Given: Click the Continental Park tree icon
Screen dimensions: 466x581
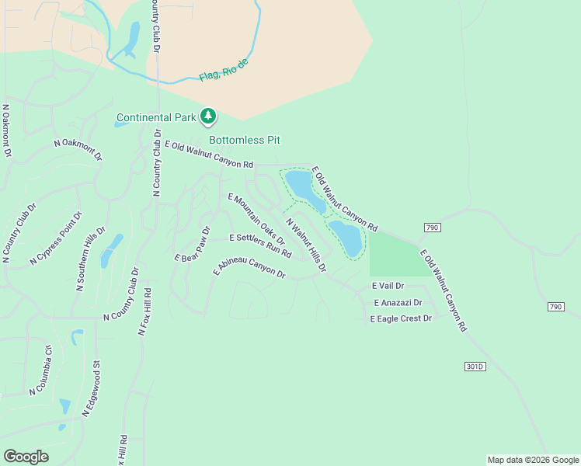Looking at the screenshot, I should click(x=207, y=116).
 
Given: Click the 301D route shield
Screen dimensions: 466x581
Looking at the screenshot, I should click(x=475, y=367).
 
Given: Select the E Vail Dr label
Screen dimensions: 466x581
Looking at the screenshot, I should click(x=388, y=287).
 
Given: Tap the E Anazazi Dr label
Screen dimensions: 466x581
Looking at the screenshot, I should click(x=398, y=303).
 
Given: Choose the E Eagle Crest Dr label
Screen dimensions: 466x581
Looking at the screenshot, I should click(x=401, y=318).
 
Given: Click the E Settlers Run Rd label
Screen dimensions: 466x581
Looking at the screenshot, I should click(x=260, y=245).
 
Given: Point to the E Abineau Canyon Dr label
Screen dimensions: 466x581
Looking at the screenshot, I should click(x=249, y=268).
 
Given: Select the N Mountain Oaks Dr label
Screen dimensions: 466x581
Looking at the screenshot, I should click(x=257, y=220).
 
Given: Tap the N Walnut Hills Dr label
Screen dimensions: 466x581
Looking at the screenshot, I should click(x=306, y=245).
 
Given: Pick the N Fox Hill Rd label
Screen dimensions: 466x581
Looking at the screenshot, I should click(x=144, y=311).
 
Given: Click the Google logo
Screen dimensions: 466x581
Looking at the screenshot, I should click(x=26, y=457).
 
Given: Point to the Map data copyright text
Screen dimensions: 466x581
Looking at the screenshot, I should click(x=532, y=460).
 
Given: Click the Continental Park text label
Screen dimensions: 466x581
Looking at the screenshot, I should click(x=156, y=118).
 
